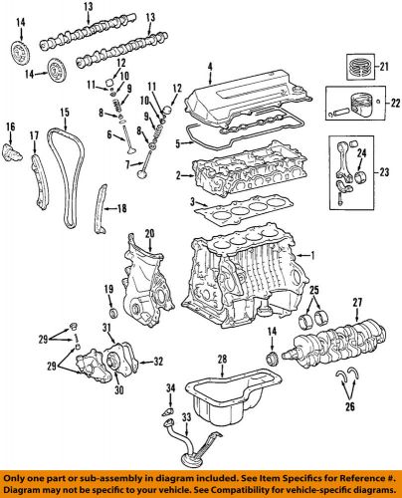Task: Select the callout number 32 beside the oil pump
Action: click(x=160, y=363)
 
